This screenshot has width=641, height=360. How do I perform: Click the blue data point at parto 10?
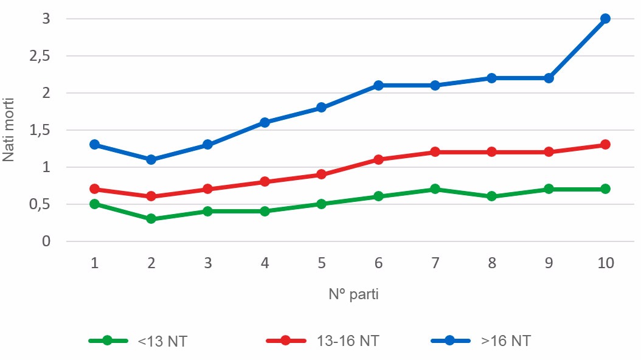coord(605,19)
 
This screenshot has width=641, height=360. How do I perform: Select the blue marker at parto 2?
coord(151,159)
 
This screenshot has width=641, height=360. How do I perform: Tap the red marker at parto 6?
coord(378,159)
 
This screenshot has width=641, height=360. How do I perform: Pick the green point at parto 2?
coord(151,218)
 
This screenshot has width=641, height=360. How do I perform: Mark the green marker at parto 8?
coord(491,196)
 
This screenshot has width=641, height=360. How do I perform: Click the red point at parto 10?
coord(605,145)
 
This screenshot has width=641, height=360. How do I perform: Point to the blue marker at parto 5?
coord(321,108)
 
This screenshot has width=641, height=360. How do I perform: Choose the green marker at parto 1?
coord(94,204)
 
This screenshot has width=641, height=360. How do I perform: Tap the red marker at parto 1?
coord(94,189)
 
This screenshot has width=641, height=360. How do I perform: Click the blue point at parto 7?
coord(435,86)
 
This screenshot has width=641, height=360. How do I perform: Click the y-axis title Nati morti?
coord(9,130)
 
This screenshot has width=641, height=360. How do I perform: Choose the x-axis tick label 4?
coord(265,263)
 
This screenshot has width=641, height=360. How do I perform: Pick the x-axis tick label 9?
coord(549,263)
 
